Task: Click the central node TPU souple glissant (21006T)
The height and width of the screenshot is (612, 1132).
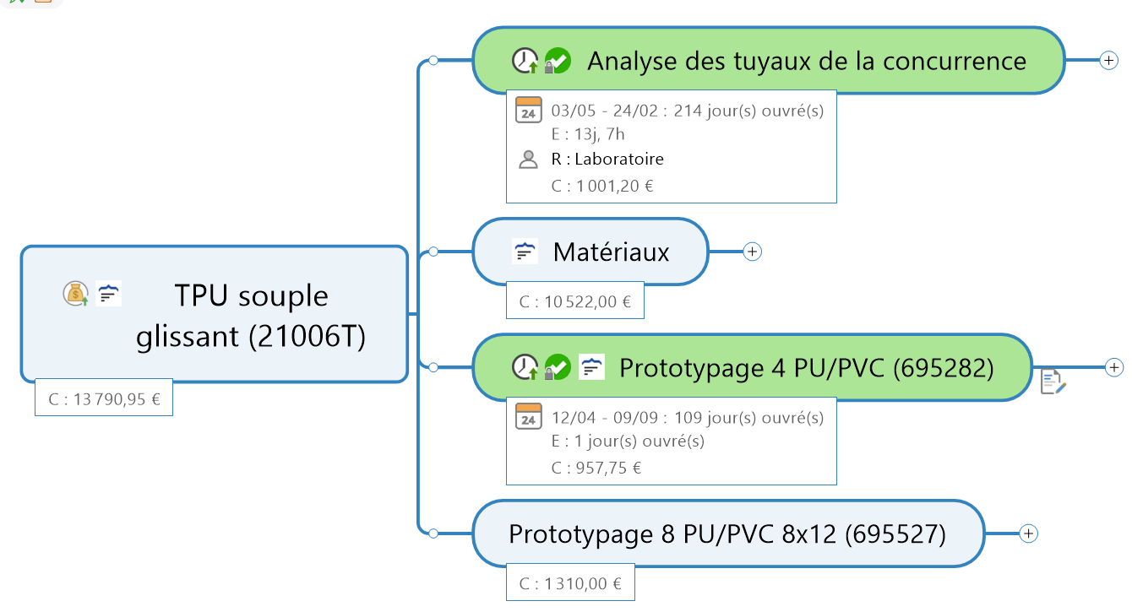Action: pyautogui.click(x=250, y=315)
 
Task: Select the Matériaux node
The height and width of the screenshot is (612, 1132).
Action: pyautogui.click(x=611, y=252)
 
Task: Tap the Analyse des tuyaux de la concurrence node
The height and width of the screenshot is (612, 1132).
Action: pyautogui.click(x=806, y=61)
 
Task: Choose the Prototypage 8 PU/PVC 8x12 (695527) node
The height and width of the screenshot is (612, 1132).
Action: pyautogui.click(x=727, y=534)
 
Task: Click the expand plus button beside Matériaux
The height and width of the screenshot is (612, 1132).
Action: pyautogui.click(x=753, y=252)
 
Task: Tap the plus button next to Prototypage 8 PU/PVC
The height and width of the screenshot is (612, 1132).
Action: pyautogui.click(x=1028, y=533)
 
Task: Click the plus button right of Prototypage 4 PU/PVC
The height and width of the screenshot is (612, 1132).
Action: pyautogui.click(x=1115, y=367)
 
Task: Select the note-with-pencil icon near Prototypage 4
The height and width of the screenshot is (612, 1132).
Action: pyautogui.click(x=1053, y=382)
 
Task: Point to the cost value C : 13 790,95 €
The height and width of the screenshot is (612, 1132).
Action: pyautogui.click(x=104, y=398)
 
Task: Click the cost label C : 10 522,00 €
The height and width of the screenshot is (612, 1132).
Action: pyautogui.click(x=575, y=301)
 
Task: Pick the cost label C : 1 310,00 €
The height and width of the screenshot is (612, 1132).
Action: pyautogui.click(x=570, y=582)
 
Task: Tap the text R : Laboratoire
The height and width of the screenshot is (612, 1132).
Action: pyautogui.click(x=607, y=159)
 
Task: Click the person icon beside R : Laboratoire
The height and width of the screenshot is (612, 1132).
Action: pyautogui.click(x=529, y=159)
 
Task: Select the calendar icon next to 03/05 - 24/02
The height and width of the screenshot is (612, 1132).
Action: pyautogui.click(x=529, y=110)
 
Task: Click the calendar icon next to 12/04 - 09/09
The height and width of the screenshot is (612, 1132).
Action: pyautogui.click(x=529, y=416)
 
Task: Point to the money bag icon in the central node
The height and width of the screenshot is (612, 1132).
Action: pyautogui.click(x=76, y=294)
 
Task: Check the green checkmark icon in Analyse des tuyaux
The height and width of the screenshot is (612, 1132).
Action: pyautogui.click(x=558, y=61)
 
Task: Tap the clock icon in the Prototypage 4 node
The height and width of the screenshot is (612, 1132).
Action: pyautogui.click(x=525, y=367)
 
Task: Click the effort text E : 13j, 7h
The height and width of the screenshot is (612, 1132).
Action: pyautogui.click(x=587, y=133)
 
